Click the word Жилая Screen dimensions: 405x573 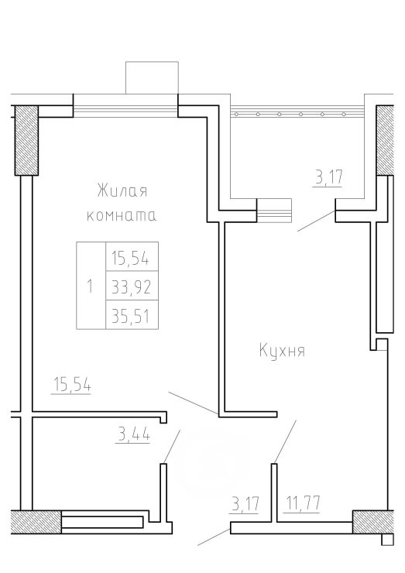(x=122, y=191)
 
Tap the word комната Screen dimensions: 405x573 (x=122, y=215)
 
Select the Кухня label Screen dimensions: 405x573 (x=282, y=350)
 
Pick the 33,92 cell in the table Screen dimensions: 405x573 (x=132, y=286)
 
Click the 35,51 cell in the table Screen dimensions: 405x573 (x=132, y=314)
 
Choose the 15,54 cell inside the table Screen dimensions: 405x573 (x=132, y=256)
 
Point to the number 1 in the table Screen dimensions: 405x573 (x=91, y=286)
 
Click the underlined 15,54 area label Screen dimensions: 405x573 (x=72, y=385)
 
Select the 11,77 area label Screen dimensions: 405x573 (x=301, y=503)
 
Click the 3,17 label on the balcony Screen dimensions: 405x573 (x=328, y=177)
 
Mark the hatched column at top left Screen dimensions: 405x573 (x=26, y=140)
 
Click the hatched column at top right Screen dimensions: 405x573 (x=385, y=140)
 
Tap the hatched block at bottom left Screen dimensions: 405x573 (x=36, y=522)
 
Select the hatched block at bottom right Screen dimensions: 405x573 (x=373, y=522)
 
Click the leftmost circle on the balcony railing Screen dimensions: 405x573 (x=236, y=115)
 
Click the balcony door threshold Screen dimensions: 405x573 (x=274, y=210)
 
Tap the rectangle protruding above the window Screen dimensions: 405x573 (x=152, y=77)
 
